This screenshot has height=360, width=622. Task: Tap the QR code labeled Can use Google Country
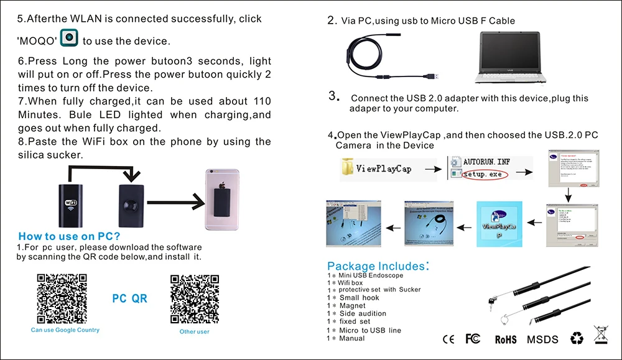(61, 298)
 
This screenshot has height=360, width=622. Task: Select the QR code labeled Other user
(194, 298)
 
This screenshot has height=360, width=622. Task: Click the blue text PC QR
(129, 298)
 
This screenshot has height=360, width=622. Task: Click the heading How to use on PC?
(69, 236)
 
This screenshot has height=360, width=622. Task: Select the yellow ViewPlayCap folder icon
(348, 168)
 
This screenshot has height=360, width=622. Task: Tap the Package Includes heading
(378, 266)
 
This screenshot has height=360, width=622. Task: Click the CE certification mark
(448, 339)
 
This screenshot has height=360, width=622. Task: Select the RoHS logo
(506, 339)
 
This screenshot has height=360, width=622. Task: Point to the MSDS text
(542, 339)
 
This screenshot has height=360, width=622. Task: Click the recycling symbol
(578, 338)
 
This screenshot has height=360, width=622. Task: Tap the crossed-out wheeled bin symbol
(601, 335)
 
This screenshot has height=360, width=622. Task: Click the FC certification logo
(473, 339)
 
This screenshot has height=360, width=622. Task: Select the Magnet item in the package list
(352, 306)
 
